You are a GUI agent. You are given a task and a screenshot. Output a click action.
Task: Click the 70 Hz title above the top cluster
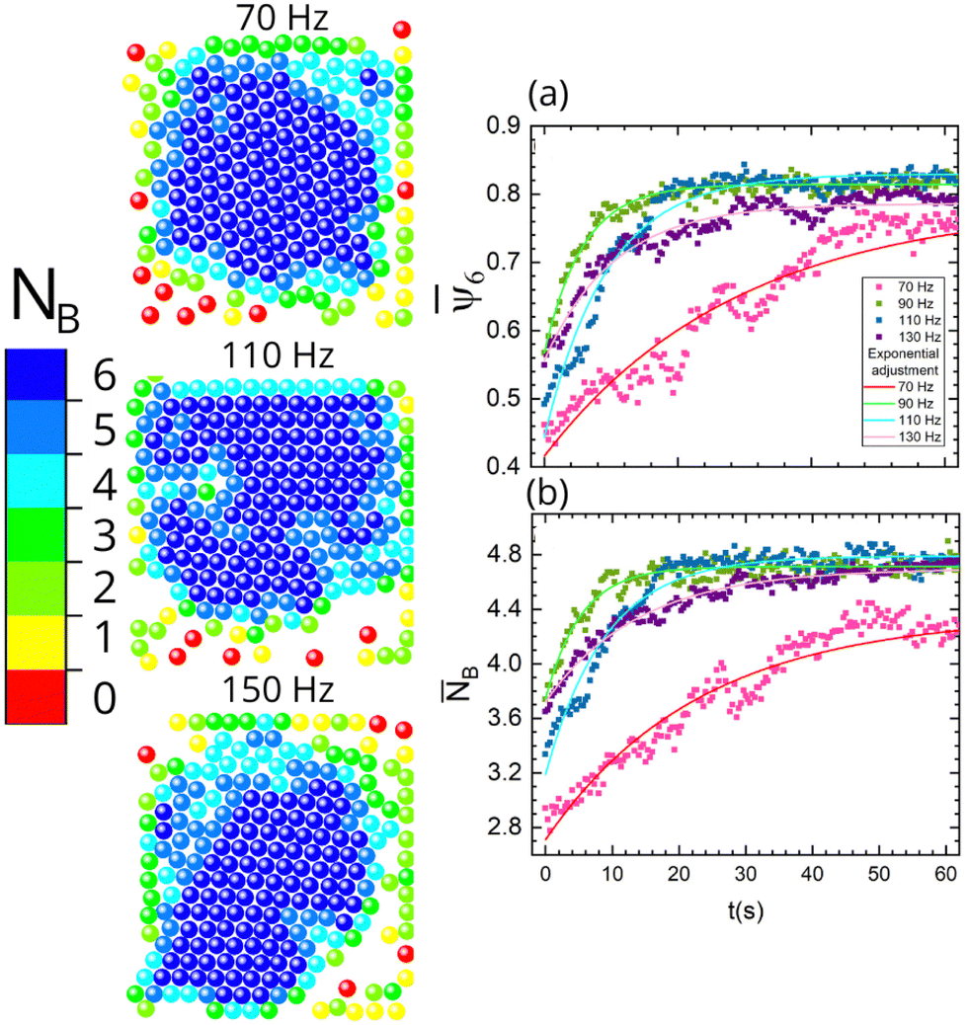pyautogui.click(x=282, y=18)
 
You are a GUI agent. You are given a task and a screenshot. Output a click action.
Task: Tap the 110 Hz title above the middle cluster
pyautogui.click(x=278, y=355)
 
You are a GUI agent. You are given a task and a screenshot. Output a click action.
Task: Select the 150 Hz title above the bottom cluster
pyautogui.click(x=278, y=689)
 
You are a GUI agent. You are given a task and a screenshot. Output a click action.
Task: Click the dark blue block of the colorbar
pyautogui.click(x=36, y=374)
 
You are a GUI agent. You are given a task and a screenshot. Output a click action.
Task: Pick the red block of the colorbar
pyautogui.click(x=36, y=696)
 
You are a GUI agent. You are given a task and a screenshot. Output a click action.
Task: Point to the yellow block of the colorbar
pyautogui.click(x=36, y=643)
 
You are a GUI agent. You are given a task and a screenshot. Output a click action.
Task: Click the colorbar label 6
pyautogui.click(x=105, y=376)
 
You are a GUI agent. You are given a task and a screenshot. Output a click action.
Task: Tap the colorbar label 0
pyautogui.click(x=105, y=697)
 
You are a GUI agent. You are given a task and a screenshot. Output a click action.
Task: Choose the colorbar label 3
pyautogui.click(x=105, y=536)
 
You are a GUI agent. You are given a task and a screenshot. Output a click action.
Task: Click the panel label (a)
pyautogui.click(x=548, y=95)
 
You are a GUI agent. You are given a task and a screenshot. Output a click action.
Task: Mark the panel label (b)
pyautogui.click(x=547, y=494)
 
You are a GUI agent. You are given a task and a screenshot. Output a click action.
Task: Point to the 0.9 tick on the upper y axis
pyautogui.click(x=503, y=124)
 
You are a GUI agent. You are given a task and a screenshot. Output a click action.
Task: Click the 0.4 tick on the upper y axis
pyautogui.click(x=503, y=465)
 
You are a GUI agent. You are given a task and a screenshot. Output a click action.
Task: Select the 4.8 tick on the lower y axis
pyautogui.click(x=505, y=555)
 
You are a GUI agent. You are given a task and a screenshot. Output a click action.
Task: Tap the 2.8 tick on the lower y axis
pyautogui.click(x=505, y=827)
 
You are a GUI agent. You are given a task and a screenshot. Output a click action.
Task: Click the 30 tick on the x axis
pyautogui.click(x=745, y=874)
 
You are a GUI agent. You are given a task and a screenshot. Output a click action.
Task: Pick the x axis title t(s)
pyautogui.click(x=746, y=910)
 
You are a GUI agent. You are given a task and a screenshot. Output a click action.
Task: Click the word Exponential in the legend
pyautogui.click(x=903, y=354)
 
